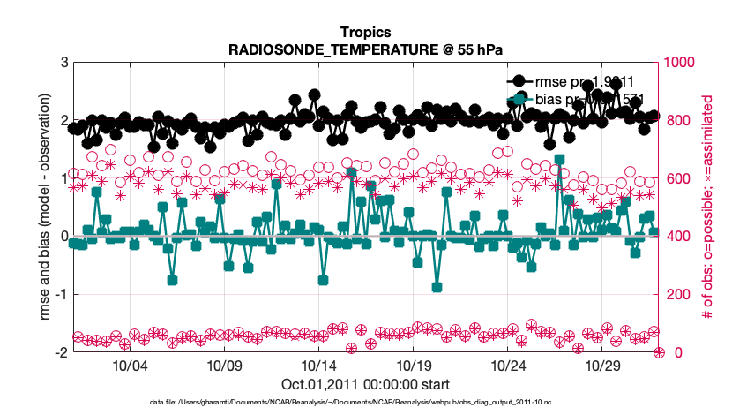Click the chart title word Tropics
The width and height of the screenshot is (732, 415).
pyautogui.click(x=365, y=33)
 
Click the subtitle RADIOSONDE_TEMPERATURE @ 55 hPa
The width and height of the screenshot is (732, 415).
pyautogui.click(x=365, y=49)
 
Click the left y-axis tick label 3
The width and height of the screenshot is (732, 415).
pyautogui.click(x=64, y=63)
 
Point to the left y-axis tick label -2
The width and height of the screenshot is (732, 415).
pyautogui.click(x=62, y=353)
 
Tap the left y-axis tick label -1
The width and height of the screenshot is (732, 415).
pyautogui.click(x=62, y=295)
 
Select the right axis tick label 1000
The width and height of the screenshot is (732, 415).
pyautogui.click(x=683, y=63)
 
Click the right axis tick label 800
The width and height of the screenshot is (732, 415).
pyautogui.click(x=679, y=121)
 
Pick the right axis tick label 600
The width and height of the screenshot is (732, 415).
pyautogui.click(x=679, y=179)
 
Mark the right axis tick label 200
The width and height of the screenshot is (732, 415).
pyautogui.click(x=679, y=295)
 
